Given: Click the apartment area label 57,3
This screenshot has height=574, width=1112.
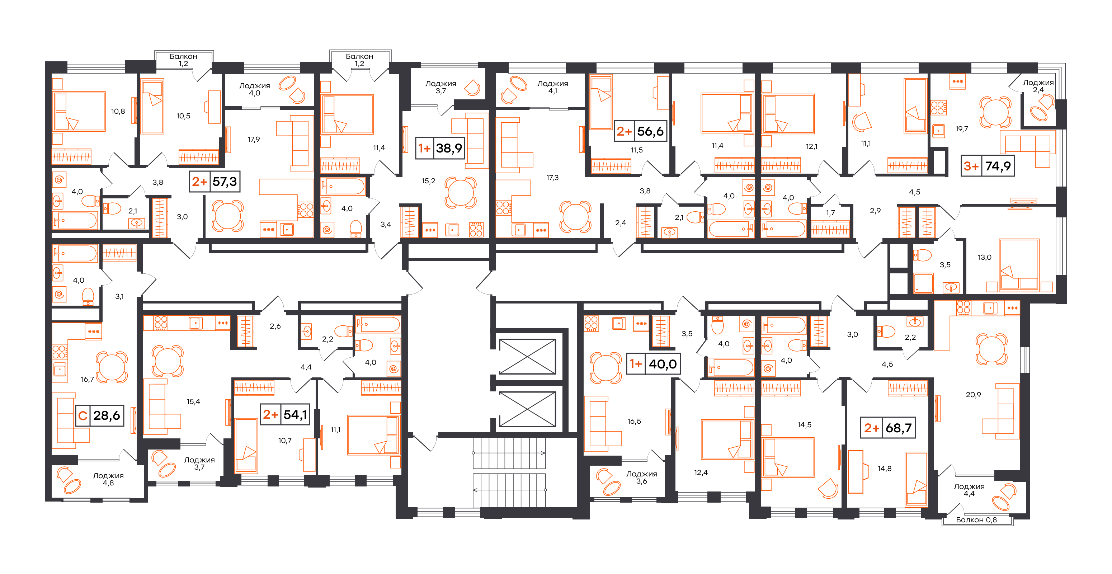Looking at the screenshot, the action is point(225,182).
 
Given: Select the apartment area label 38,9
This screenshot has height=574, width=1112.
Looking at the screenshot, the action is point(449,149).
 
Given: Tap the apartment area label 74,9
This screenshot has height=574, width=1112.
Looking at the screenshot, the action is point(998,166).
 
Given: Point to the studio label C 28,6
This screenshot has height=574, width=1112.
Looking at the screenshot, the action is point(100,415).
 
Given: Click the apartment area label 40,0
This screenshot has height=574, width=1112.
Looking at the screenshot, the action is point(663,364).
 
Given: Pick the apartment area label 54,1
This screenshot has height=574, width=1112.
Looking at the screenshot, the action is point(295,415).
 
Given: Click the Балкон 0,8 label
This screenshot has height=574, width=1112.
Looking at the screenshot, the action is point(976,520).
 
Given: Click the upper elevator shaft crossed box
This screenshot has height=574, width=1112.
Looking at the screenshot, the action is point(528,357).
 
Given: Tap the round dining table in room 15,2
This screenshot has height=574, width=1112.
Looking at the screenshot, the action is point(461,192).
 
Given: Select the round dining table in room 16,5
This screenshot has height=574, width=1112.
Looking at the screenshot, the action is point(606,368).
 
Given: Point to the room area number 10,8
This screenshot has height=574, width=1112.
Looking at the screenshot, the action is point(118,111).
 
